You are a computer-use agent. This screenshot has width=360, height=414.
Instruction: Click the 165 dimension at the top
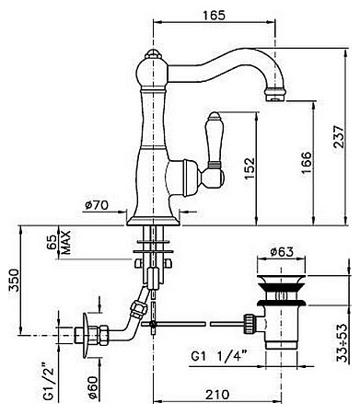[215, 15]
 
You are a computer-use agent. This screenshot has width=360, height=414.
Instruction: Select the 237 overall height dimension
[339, 136]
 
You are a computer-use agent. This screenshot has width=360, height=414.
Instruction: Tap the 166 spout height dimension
[306, 163]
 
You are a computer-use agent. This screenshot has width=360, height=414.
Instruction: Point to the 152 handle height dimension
[250, 168]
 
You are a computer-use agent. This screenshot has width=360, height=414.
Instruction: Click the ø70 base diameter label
[97, 205]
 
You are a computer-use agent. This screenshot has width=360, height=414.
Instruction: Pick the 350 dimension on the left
[14, 280]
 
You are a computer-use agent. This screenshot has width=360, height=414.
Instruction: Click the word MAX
[65, 242]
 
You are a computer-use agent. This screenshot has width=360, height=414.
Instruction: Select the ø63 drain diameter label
[282, 252]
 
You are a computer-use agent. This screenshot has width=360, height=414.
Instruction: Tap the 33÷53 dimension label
[343, 343]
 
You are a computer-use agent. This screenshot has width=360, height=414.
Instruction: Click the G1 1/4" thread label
[219, 356]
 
